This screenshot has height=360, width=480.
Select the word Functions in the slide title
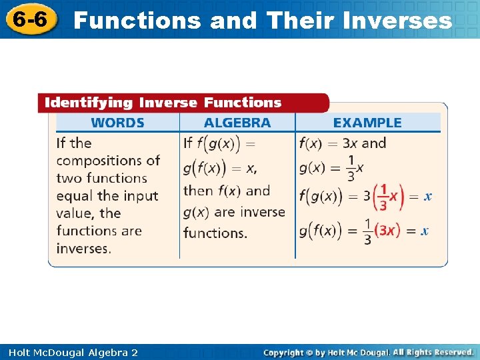point(137,21)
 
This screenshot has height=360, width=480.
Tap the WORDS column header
point(117,123)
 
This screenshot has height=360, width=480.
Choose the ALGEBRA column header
point(237,123)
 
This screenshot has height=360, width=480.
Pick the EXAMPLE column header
point(367,123)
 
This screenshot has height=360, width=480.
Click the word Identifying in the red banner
point(88,103)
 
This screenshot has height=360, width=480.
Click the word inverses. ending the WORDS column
point(83,249)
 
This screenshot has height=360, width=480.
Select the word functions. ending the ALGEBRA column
point(215,233)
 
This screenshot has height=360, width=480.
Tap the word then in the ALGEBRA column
point(198,191)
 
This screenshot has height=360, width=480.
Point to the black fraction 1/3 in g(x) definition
point(351,168)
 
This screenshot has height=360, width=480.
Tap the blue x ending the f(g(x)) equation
point(428,197)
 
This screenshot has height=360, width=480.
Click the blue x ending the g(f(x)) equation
point(425,231)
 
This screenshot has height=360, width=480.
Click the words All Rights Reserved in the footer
point(433,351)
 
